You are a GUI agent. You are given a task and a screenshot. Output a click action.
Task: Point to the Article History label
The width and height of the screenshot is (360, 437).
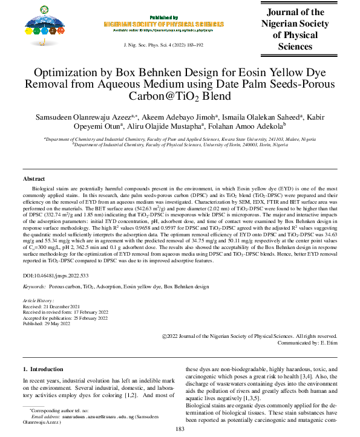tap(38, 300)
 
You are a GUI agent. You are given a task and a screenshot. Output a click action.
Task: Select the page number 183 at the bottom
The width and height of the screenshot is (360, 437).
tap(180, 429)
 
